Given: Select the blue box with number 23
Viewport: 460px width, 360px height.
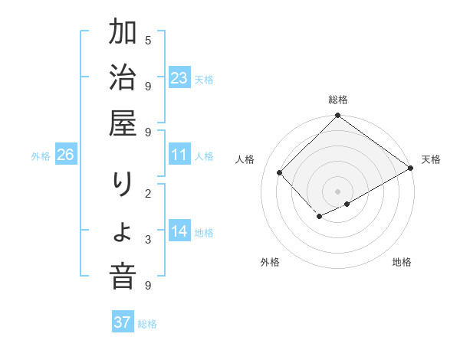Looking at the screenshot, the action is click(x=179, y=78).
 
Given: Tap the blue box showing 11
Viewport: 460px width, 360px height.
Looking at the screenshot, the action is click(x=179, y=155).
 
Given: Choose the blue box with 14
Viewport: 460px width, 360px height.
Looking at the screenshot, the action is click(x=179, y=232).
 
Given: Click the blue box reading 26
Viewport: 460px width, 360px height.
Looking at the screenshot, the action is click(x=66, y=155).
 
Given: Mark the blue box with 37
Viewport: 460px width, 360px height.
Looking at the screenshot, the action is click(x=123, y=322).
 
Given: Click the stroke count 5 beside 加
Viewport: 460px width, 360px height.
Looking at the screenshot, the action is click(x=148, y=40).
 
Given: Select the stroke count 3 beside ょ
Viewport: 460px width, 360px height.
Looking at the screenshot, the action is click(x=148, y=240).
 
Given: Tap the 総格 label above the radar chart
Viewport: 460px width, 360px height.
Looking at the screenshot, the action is click(x=338, y=100).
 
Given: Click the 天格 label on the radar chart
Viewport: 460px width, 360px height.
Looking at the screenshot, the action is click(x=431, y=159).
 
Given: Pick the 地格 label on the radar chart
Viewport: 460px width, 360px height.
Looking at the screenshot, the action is click(x=402, y=262).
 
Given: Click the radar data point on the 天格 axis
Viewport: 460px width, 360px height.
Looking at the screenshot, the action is click(x=411, y=168).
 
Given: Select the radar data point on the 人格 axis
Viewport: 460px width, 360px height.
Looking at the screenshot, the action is click(x=280, y=173).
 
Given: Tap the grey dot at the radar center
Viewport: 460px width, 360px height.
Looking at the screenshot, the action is click(x=338, y=191).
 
